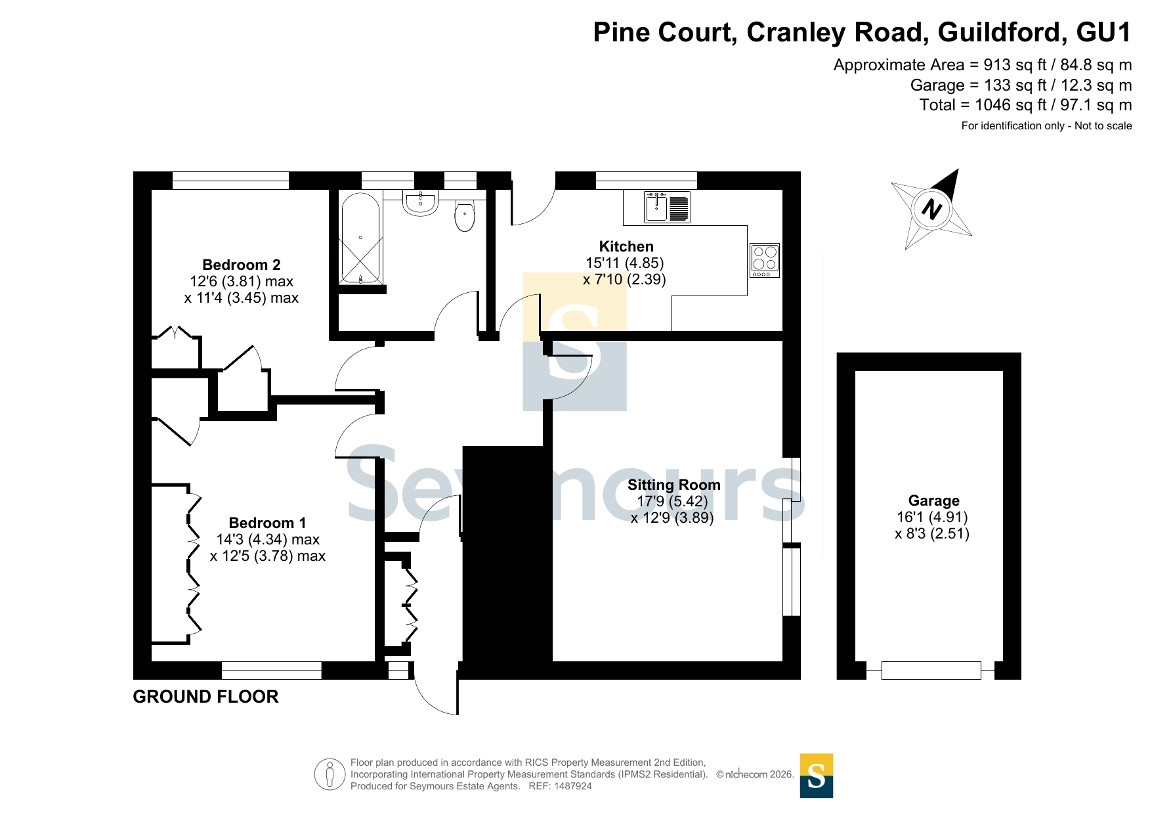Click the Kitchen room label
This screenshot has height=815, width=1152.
tap(626, 247)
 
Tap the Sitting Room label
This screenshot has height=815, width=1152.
tap(673, 485)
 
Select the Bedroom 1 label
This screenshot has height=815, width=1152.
tap(267, 523)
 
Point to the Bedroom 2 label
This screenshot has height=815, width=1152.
tap(241, 265)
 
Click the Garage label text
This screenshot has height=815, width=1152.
tap(933, 501)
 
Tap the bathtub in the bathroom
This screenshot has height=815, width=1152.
tap(360, 238)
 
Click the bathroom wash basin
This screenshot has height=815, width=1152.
tap(420, 203)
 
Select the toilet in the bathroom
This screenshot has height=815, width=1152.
tap(465, 216)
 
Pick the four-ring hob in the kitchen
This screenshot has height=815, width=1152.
tap(765, 260)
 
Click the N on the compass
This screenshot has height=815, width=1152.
tap(931, 209)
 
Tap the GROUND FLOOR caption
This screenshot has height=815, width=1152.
tap(205, 697)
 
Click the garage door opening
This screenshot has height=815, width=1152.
tap(931, 671)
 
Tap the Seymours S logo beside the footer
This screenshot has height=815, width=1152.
tap(817, 776)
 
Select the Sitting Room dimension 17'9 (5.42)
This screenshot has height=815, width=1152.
tap(672, 502)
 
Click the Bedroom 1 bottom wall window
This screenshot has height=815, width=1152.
tap(272, 671)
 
